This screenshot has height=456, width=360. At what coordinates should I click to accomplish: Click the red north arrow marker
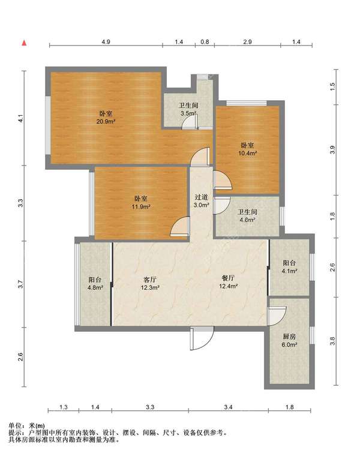(25, 43)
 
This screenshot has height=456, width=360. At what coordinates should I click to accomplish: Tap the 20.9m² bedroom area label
(106, 118)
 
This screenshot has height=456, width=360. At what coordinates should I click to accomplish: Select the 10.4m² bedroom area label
(247, 149)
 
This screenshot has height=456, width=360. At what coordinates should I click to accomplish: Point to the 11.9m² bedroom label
(141, 203)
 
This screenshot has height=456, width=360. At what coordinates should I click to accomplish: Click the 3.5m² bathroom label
(188, 109)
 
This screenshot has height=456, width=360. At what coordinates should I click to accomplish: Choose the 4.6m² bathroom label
(247, 216)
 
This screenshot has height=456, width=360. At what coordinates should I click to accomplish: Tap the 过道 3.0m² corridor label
(202, 201)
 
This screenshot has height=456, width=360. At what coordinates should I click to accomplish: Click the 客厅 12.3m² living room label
(150, 284)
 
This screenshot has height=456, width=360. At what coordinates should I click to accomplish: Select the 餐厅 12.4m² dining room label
(229, 282)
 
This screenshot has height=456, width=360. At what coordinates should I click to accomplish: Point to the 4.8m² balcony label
(95, 284)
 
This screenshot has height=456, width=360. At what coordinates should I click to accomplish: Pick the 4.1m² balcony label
(289, 267)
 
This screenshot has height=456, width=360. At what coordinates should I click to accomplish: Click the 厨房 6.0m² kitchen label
(289, 341)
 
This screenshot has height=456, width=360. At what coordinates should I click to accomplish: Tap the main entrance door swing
(202, 338)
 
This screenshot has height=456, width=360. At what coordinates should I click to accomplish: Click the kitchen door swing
(277, 316)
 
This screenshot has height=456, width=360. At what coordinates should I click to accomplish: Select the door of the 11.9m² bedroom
(180, 226)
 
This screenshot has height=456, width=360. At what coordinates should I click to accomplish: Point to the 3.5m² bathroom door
(190, 122)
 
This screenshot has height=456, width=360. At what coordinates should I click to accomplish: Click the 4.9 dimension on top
(106, 42)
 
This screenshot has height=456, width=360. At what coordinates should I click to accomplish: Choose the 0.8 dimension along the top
(205, 42)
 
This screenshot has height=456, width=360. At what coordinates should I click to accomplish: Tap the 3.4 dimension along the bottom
(228, 407)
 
